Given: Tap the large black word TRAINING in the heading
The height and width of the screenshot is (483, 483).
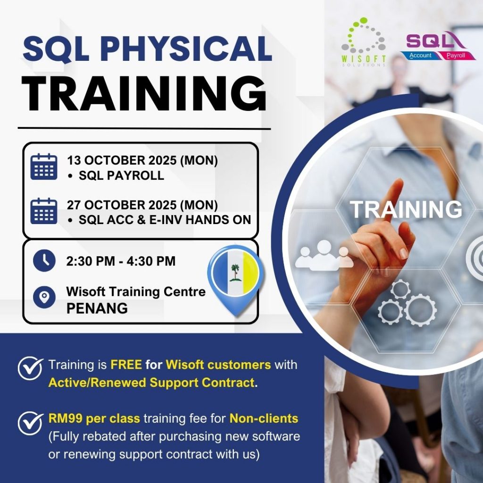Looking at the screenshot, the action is point(144,94).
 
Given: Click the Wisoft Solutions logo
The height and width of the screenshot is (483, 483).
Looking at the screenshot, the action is point(363,42).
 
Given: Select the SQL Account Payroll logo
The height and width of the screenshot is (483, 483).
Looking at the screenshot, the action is point(434,46).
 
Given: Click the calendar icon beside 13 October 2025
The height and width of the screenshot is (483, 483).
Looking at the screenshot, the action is point(44,167).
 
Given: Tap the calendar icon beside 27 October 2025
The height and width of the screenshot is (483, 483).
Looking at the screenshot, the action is point(44,211).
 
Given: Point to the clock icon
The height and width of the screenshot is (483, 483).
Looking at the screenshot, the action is point(44,260).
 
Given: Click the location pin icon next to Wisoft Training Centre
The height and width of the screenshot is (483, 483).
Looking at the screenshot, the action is point(44,297).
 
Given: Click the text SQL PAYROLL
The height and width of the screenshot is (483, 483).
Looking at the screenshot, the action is point(121,175).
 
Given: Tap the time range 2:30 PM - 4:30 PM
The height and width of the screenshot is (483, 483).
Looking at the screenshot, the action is point(121,261).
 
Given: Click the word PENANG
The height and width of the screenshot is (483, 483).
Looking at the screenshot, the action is point(97,308).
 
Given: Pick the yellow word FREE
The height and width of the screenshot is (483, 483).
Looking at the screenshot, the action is point(126,365).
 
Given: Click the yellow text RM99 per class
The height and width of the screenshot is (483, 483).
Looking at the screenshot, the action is point(94,419).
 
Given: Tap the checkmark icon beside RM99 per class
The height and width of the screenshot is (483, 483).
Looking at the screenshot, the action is point(30,423).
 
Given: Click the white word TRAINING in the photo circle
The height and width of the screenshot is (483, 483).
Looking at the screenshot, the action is point(406,209).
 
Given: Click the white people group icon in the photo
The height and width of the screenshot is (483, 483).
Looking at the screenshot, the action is point(324,255).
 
